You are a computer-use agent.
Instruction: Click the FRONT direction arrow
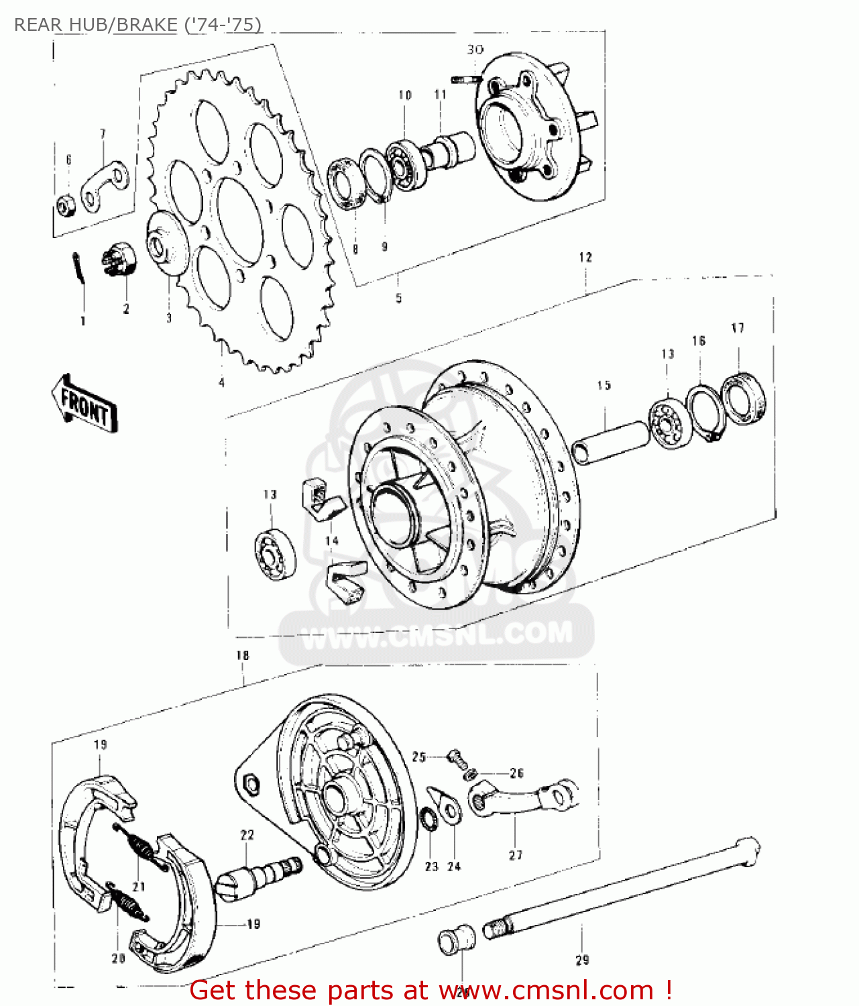pos(84,404)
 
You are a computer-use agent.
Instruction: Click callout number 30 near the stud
pos(475,50)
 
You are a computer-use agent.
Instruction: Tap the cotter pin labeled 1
pos(79,268)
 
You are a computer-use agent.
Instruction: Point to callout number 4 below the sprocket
pos(221,383)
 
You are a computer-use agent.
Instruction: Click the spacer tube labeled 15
pos(610,443)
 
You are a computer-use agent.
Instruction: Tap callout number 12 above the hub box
pos(585,257)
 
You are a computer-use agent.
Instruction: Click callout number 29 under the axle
pos(582,960)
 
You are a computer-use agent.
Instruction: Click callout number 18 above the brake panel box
pos(243,655)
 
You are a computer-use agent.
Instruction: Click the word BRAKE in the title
pos(146,25)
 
